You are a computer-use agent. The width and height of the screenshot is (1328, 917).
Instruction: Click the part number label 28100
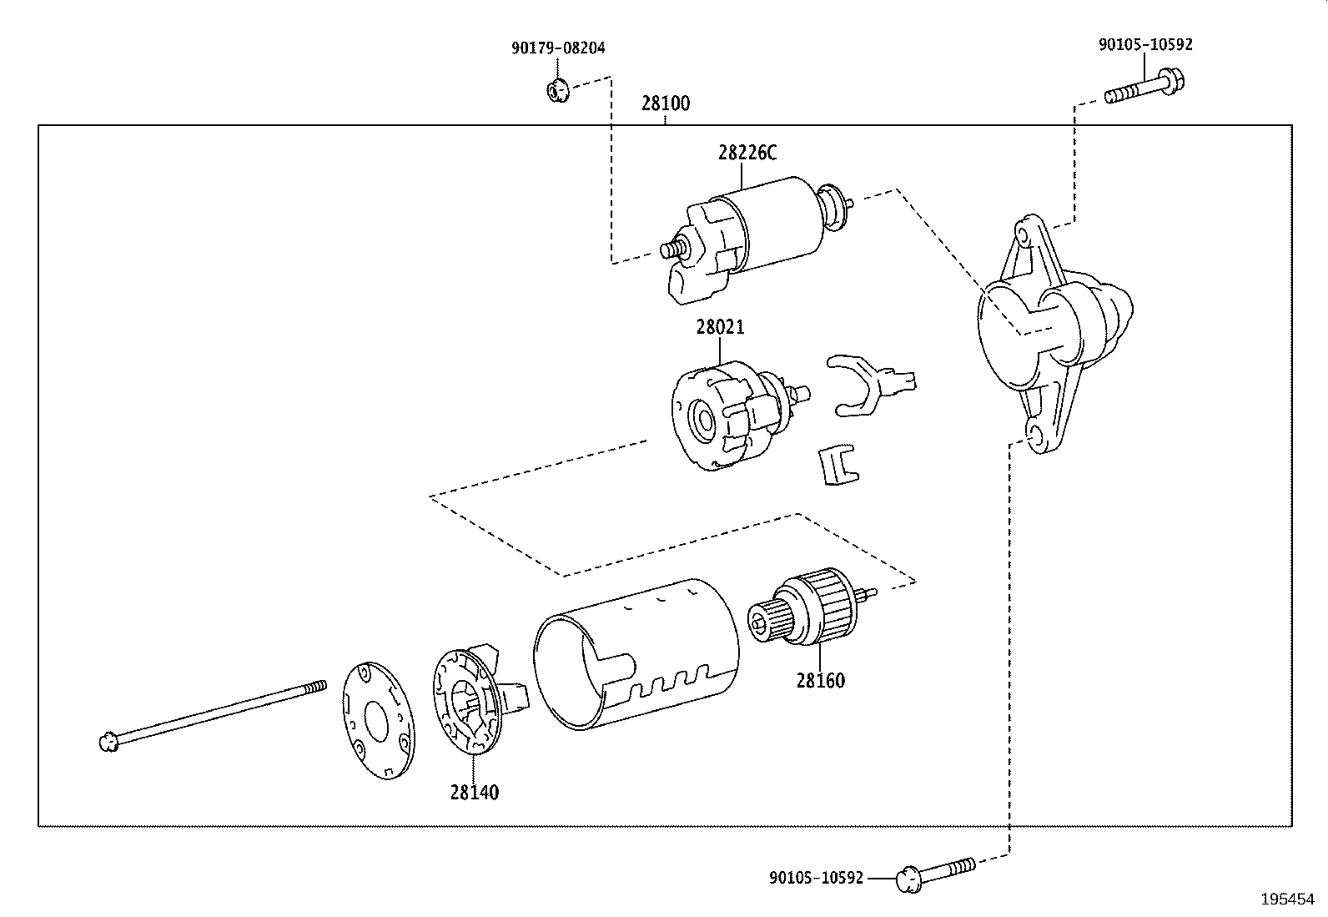pos(666,104)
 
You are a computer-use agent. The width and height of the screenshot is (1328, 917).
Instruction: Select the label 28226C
pos(747,153)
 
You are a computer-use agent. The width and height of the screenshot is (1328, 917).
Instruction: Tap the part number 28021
pos(720,328)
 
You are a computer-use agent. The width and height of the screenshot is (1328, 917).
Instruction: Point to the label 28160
pos(820,681)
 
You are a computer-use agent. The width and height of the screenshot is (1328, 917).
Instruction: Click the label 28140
pos(474,793)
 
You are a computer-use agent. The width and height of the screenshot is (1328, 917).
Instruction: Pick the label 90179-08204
pos(558,48)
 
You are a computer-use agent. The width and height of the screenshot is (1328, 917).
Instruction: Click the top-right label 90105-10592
pos(1144,45)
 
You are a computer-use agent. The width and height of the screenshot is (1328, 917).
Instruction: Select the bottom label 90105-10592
pos(816,878)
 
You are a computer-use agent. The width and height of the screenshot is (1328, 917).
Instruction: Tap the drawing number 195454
pos(1287,900)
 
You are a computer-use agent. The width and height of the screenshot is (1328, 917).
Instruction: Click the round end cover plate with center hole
pos(379,720)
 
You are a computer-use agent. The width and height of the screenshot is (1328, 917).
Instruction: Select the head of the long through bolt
pos(106,741)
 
